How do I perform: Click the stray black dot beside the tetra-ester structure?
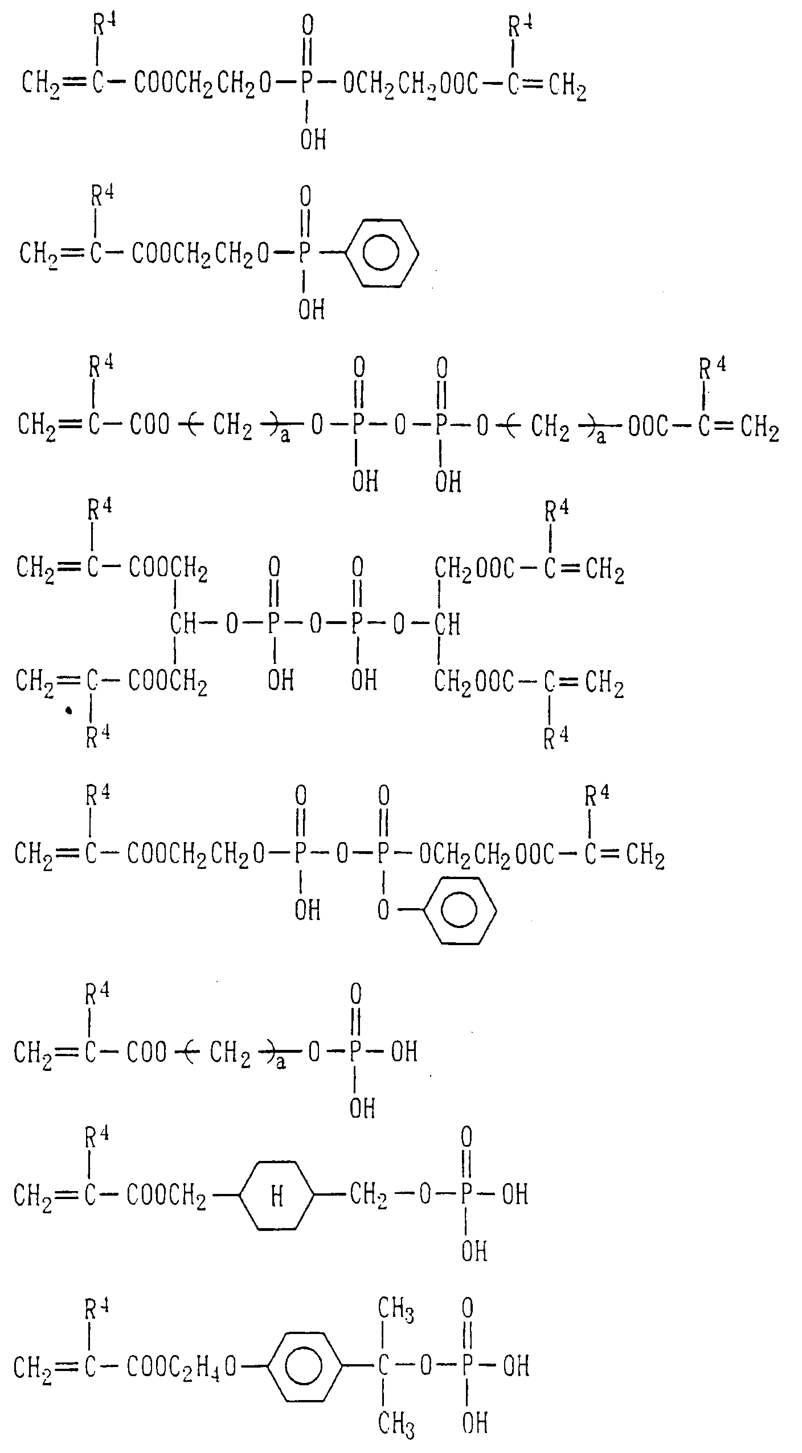[69, 711]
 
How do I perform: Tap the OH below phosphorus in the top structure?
[313, 139]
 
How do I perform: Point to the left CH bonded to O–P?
[183, 625]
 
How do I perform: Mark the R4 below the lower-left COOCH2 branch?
[97, 738]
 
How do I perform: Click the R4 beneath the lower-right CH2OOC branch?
[556, 739]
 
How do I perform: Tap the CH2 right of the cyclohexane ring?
[369, 1196]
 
